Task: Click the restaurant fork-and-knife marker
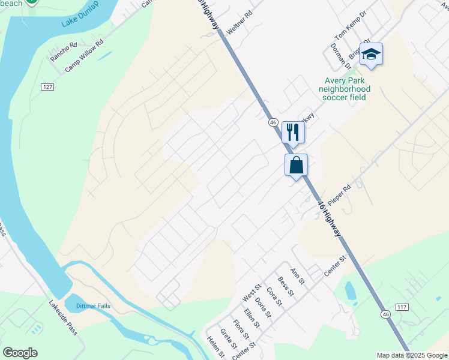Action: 293,132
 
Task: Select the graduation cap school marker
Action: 371,55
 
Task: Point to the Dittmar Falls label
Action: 93,306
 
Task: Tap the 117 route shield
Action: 402,307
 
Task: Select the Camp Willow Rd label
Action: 84,56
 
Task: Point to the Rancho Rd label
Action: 64,52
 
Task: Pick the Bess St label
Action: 286,286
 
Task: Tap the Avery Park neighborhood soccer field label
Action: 345,89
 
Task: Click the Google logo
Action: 20,353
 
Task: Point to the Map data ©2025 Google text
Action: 412,355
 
